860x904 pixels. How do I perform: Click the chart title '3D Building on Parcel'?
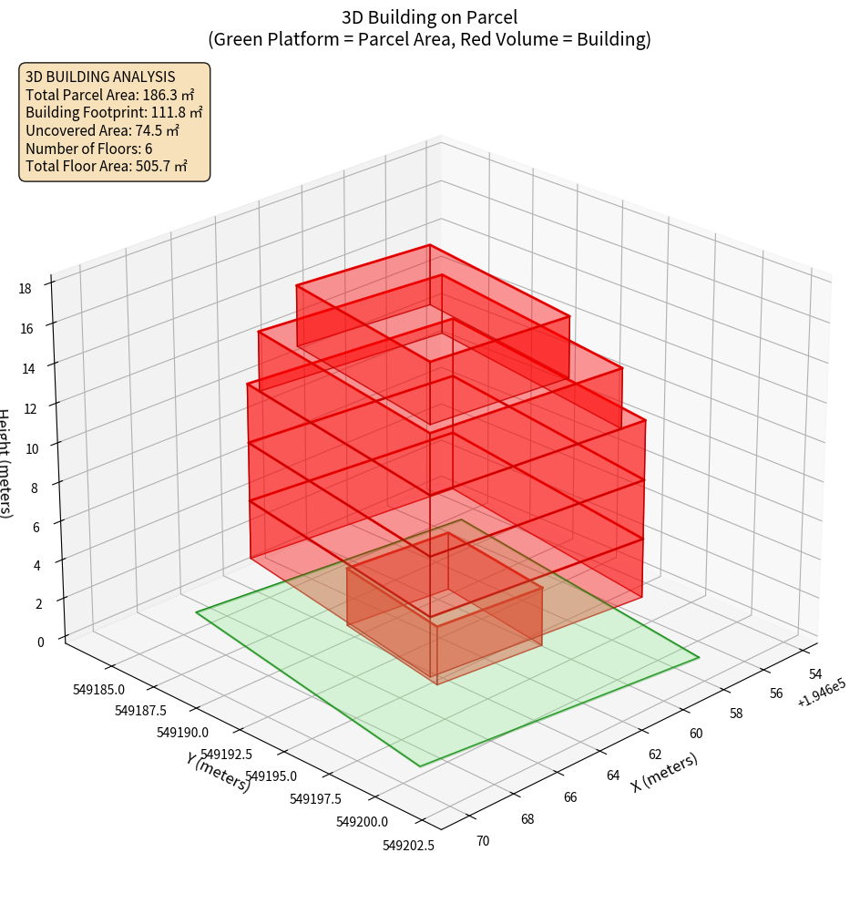429,16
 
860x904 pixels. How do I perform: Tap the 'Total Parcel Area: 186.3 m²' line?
110,95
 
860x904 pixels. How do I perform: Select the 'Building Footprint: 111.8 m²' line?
114,113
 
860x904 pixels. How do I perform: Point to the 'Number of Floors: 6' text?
88,149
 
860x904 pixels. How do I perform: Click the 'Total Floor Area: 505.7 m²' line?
107,167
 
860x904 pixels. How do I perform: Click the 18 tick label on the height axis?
25,289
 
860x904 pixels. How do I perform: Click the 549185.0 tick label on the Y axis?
99,689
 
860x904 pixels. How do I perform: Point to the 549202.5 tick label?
408,846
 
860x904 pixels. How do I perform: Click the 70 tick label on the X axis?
482,840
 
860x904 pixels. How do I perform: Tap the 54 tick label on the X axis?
815,673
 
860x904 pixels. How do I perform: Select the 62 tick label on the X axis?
655,755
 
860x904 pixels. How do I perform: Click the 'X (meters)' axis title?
664,773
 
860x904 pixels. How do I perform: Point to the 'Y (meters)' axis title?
219,771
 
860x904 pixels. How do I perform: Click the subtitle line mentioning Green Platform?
429,39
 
